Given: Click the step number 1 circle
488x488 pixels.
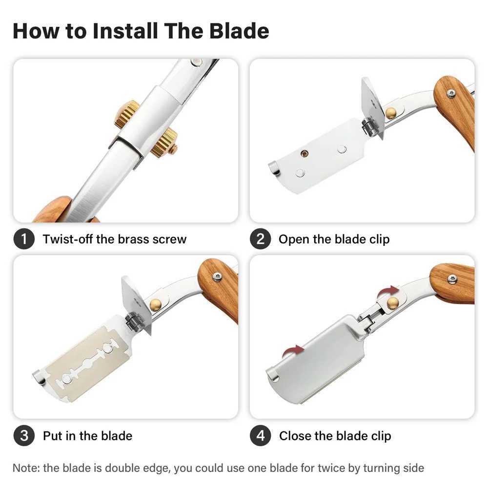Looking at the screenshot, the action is pyautogui.click(x=23, y=239).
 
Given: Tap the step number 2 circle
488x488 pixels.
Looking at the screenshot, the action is pyautogui.click(x=260, y=239).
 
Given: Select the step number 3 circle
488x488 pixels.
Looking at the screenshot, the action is pyautogui.click(x=23, y=435).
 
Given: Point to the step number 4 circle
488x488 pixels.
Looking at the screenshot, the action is pyautogui.click(x=260, y=435).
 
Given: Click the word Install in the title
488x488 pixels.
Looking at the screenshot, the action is pyautogui.click(x=125, y=31).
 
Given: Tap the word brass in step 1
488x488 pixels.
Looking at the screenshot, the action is pyautogui.click(x=135, y=239).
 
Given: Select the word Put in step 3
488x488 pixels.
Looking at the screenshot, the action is pyautogui.click(x=53, y=436).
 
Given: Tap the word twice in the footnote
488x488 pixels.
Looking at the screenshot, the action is pyautogui.click(x=333, y=468).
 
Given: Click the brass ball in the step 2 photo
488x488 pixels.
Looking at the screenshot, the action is pyautogui.click(x=390, y=113).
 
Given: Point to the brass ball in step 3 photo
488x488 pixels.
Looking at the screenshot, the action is pyautogui.click(x=155, y=305).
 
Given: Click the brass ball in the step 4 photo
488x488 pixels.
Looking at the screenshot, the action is pyautogui.click(x=393, y=303).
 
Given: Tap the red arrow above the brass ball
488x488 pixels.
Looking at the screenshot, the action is pyautogui.click(x=388, y=292).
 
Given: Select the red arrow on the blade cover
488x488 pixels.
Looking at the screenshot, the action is pyautogui.click(x=293, y=351).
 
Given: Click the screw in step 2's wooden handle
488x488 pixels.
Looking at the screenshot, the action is pyautogui.click(x=450, y=93).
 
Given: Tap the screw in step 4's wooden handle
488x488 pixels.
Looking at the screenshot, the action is pyautogui.click(x=452, y=279).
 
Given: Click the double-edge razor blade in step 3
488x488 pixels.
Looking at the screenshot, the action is pyautogui.click(x=88, y=363).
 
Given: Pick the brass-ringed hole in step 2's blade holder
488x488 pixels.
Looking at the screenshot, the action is pyautogui.click(x=304, y=153).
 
